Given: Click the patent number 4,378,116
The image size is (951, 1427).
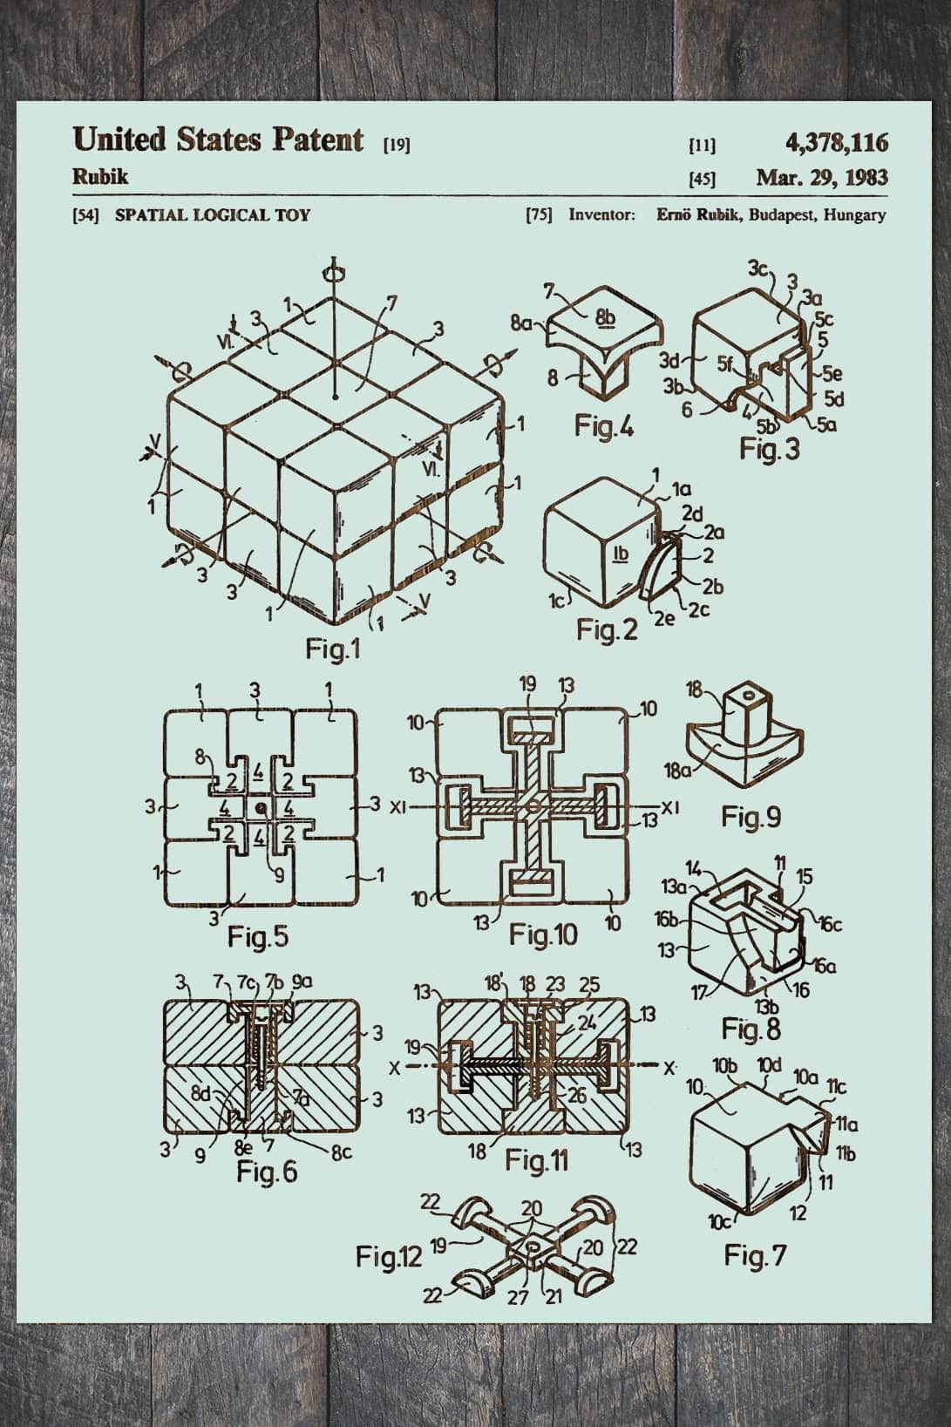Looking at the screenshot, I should [836, 141].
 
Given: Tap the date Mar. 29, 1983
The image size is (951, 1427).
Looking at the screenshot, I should [822, 178].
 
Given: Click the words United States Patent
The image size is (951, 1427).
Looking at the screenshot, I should [218, 139].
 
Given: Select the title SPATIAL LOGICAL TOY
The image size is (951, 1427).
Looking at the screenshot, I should [213, 214].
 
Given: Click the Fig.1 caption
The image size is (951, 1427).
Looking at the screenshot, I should [332, 649].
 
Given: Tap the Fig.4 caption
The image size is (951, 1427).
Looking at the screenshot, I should [604, 426].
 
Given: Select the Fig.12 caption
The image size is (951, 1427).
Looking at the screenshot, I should [388, 1256].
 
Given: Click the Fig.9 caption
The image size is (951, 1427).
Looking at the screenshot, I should [751, 817].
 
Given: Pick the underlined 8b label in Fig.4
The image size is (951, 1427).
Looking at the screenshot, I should [604, 317].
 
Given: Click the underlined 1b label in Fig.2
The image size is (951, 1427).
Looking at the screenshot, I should [621, 553].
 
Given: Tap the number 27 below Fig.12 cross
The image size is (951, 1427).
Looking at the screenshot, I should [518, 1297].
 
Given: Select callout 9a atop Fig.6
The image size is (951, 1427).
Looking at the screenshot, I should [302, 982].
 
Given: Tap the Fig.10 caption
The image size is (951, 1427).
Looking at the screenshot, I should [543, 935].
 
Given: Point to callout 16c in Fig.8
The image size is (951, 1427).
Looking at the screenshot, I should [829, 923].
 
